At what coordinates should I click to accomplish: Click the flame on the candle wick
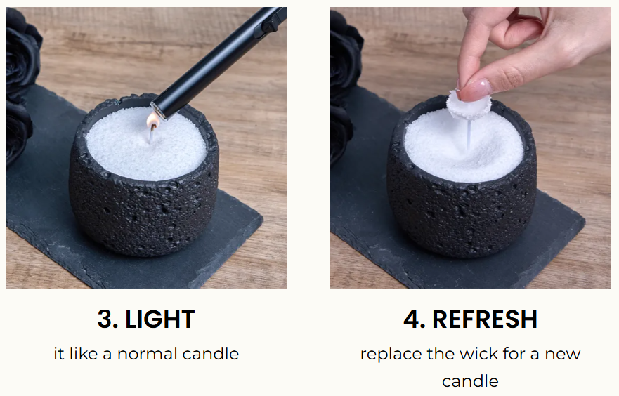coord(152,121)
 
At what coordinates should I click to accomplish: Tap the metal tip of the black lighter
coord(158,110)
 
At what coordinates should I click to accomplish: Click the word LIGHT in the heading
coord(160,319)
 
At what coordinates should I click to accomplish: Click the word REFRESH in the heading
coord(485,319)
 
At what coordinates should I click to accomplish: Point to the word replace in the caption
coord(391,355)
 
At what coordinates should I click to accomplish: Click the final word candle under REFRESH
coord(470,381)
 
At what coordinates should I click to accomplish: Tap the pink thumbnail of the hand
coord(474,90)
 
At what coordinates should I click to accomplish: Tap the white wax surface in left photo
coord(146,144)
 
